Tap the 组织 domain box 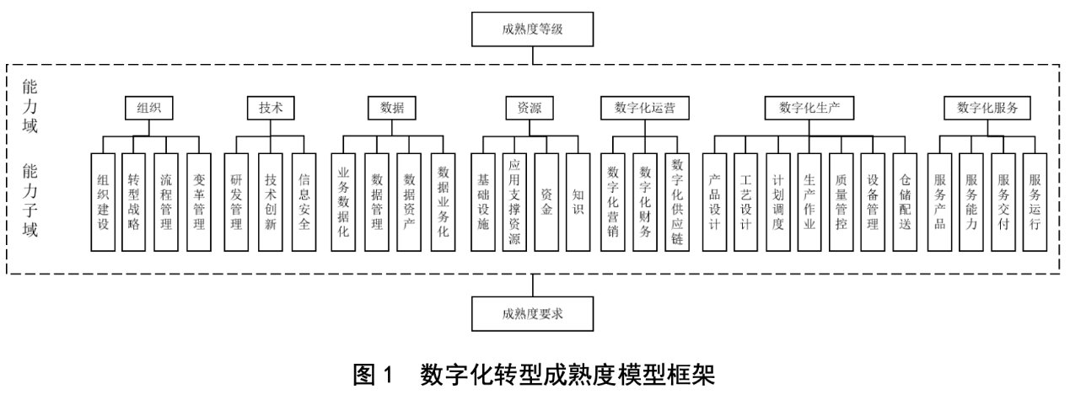point(148,108)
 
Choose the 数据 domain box point(392,108)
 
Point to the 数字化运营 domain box point(646,108)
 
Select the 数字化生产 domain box point(810,108)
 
